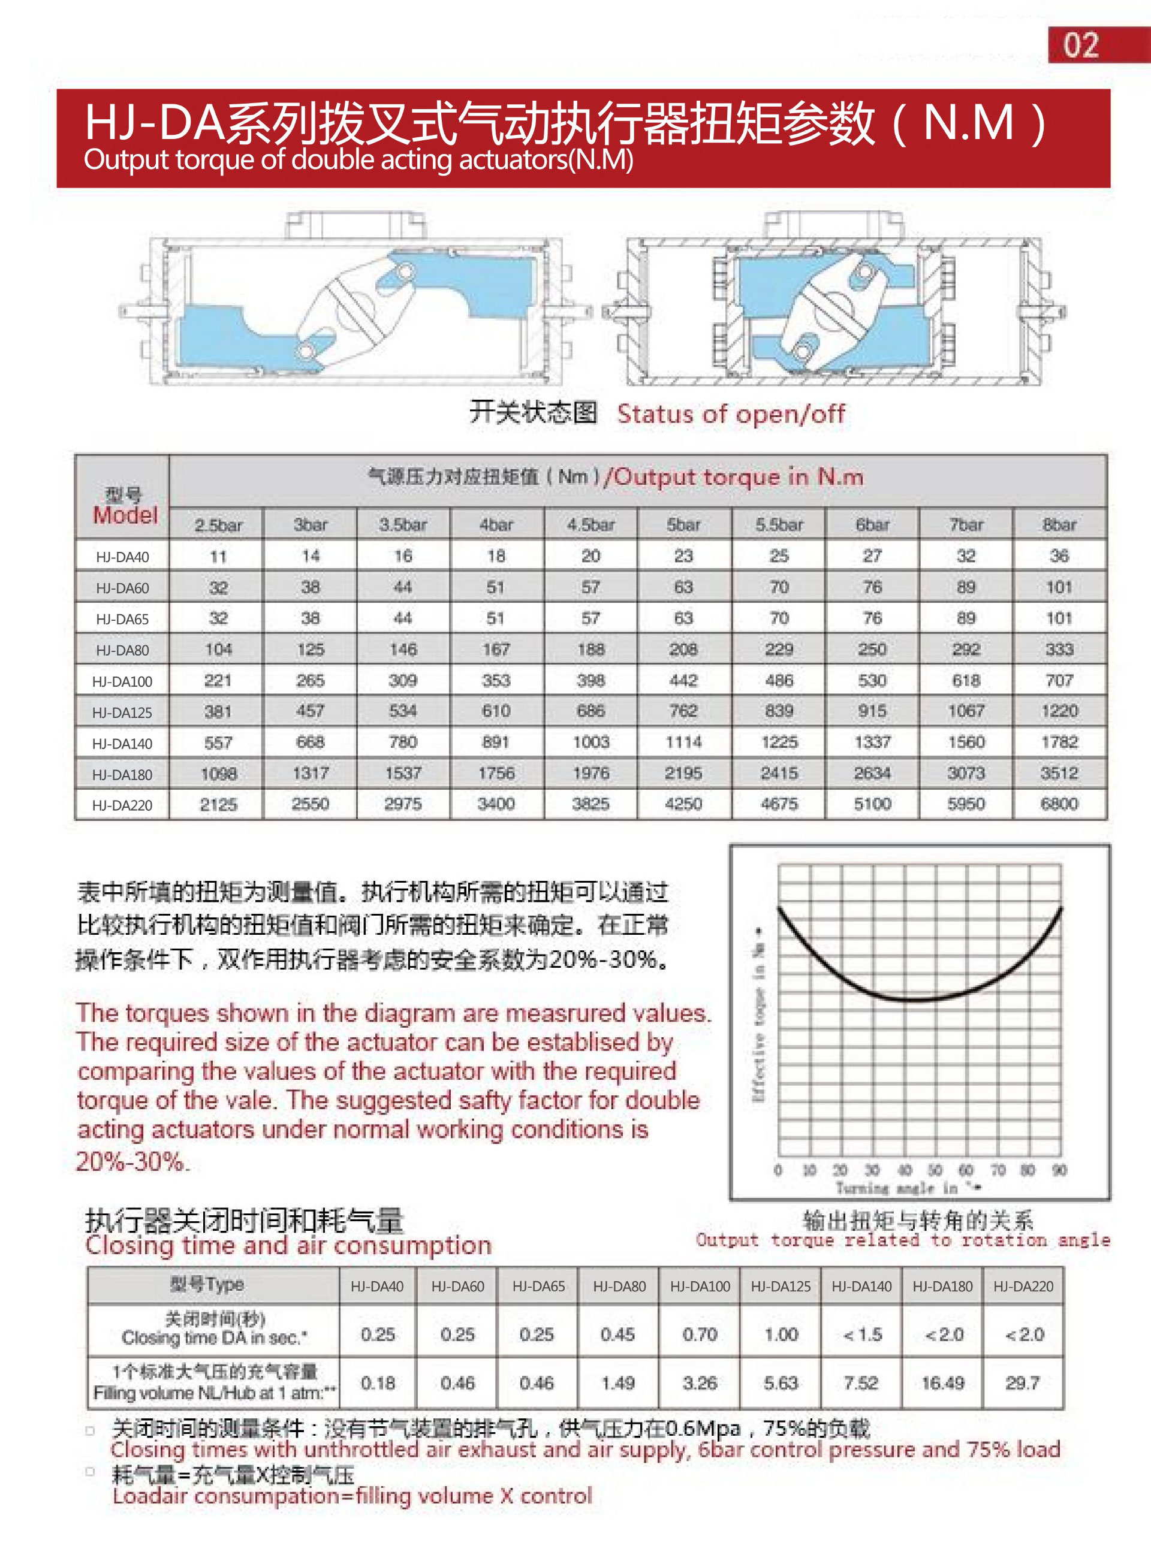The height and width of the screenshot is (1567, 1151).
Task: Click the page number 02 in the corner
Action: pos(1081,46)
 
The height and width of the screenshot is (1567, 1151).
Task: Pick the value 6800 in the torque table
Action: pos(1059,804)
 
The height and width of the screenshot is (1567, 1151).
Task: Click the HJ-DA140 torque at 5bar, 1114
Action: pos(683,742)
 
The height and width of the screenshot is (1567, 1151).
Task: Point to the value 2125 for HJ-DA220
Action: pos(218,805)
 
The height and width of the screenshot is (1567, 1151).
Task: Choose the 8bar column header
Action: pos(1059,524)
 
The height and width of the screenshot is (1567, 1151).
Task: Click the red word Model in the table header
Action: pos(125,515)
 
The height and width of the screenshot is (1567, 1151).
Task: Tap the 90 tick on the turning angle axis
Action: pos(1059,1170)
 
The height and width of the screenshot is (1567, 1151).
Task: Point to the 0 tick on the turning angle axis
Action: pos(778,1170)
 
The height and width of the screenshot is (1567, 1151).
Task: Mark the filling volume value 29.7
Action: pos(1022,1383)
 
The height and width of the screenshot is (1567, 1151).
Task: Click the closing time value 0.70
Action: pos(700,1334)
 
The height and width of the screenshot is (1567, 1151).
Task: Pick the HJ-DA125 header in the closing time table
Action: pos(781,1287)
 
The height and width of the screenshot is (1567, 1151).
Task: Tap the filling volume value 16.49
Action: pos(942,1383)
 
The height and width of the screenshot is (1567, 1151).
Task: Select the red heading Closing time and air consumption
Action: pos(288,1245)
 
